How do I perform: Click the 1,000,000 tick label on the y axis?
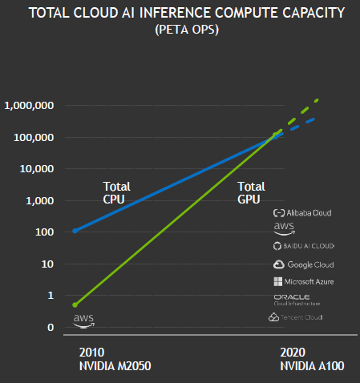pos(29,106)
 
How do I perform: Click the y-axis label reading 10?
pos(47,264)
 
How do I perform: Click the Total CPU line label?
pos(116,192)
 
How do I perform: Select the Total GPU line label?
pos(251,192)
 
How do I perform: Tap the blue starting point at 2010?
pos(75,231)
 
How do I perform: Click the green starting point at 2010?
pos(75,304)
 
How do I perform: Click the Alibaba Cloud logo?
pos(302,213)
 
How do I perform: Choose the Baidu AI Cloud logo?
pos(303,245)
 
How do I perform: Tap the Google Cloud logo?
pos(303,264)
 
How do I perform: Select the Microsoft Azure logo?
pos(303,282)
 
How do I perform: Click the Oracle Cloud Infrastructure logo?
pos(297,300)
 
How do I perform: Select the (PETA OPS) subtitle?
pos(180,31)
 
